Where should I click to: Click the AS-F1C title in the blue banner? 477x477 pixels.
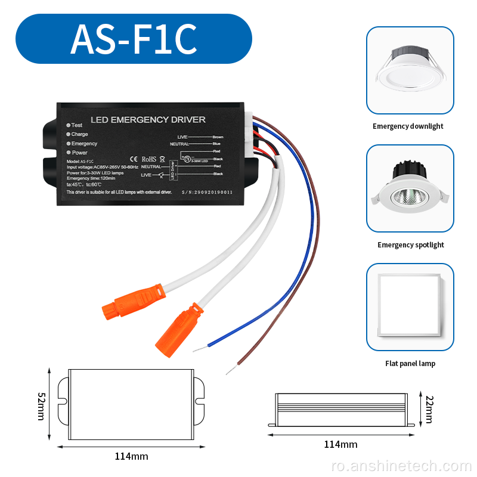134,39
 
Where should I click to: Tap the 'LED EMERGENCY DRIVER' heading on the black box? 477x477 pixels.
148,120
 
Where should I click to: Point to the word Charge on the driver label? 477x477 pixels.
80,134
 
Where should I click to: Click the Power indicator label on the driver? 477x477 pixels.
80,153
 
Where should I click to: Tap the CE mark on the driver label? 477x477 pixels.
134,159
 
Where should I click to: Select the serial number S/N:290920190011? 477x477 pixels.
207,193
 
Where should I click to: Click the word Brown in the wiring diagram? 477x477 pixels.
218,137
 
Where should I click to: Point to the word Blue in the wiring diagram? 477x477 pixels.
216,144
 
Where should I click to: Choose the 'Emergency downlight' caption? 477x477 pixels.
408,126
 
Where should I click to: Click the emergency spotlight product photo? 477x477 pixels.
410,188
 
